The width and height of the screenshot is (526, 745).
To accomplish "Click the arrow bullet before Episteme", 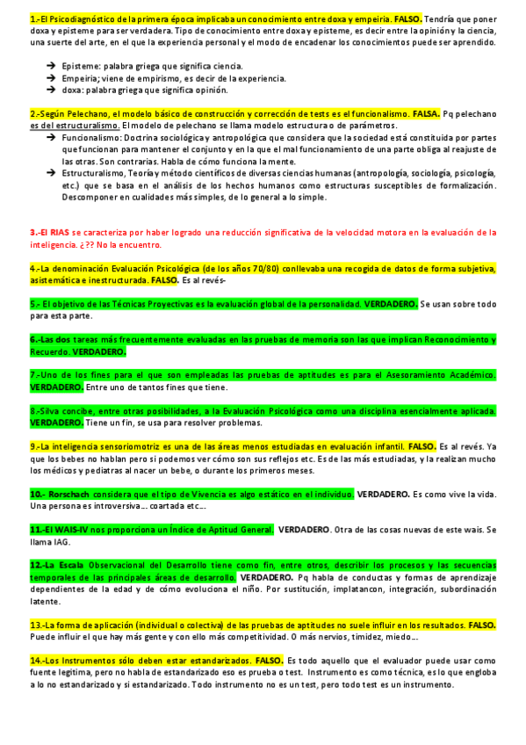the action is tap(53, 66).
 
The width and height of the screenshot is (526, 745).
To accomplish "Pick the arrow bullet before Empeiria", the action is tap(53, 77).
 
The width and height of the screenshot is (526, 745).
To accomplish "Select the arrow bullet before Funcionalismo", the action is tap(53, 139).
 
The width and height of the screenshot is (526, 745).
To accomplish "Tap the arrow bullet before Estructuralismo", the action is tap(53, 173).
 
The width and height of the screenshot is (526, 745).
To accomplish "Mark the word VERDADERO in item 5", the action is tap(391, 304).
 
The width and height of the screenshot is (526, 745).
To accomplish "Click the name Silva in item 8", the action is tap(56, 410).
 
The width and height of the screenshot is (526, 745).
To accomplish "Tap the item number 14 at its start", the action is tap(37, 660).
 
